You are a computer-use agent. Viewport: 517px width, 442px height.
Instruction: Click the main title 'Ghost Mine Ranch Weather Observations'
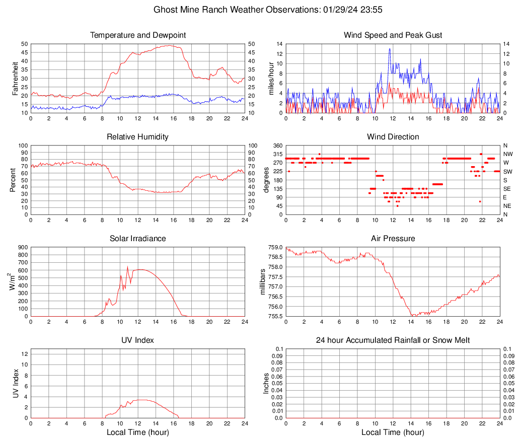pyautogui.click(x=258, y=10)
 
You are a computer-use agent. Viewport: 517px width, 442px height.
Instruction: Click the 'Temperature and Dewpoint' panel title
pyautogui.click(x=138, y=35)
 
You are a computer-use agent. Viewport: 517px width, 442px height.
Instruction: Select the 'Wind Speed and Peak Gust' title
pyautogui.click(x=393, y=35)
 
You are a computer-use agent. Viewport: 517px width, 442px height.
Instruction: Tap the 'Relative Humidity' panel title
pyautogui.click(x=138, y=137)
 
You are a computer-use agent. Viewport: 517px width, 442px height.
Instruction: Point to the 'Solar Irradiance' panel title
pyautogui.click(x=138, y=239)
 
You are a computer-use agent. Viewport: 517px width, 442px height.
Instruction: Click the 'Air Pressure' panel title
pyautogui.click(x=393, y=239)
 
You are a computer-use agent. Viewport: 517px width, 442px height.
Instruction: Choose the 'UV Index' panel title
pyautogui.click(x=138, y=340)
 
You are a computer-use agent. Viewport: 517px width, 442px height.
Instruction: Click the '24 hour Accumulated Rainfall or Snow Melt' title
pyautogui.click(x=393, y=340)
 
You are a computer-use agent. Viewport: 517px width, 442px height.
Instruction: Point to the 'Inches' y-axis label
pyautogui.click(x=266, y=384)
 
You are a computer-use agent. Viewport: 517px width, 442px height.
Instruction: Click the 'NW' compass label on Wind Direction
pyautogui.click(x=507, y=154)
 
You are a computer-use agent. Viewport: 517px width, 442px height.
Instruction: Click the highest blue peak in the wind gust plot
pyautogui.click(x=390, y=49)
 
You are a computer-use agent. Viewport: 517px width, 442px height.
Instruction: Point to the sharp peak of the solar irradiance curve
pyautogui.click(x=127, y=267)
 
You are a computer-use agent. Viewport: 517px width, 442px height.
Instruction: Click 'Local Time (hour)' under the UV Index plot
pyautogui.click(x=138, y=432)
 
